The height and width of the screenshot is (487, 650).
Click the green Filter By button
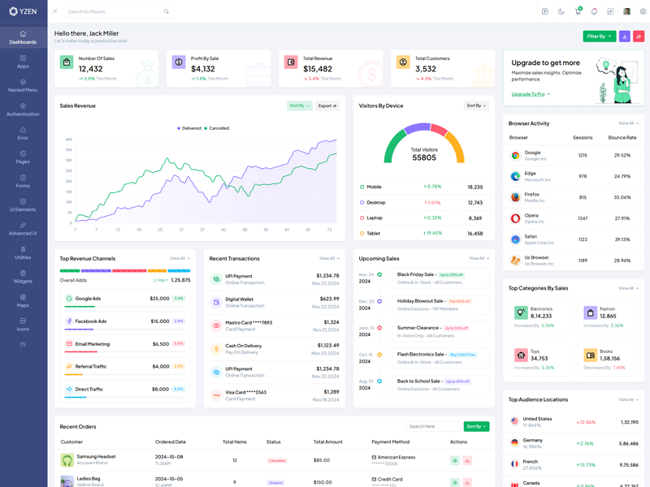[x=599, y=37]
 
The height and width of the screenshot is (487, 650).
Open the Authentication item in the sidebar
[x=23, y=109]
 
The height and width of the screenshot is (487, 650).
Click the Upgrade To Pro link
[x=530, y=94]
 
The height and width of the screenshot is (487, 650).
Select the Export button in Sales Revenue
[x=327, y=106]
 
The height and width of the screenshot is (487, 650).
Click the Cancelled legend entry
[x=217, y=128]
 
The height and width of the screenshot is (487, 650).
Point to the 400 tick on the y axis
[x=69, y=139]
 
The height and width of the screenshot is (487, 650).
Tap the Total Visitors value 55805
[x=424, y=157]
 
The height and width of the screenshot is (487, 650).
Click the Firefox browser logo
[x=515, y=197]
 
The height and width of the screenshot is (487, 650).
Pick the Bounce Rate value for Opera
[x=622, y=218]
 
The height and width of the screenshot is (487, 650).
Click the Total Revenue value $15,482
[x=318, y=69]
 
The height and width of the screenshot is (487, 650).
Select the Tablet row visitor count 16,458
[x=475, y=234]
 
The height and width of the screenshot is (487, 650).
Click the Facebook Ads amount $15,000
[x=159, y=321]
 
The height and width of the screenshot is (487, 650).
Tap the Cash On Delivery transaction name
[x=244, y=346]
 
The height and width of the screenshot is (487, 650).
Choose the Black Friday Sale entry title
[x=416, y=274]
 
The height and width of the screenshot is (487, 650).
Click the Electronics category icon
[x=520, y=312]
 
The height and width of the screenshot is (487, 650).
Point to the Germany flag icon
[x=514, y=443]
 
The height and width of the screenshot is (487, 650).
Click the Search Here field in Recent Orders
[x=432, y=426]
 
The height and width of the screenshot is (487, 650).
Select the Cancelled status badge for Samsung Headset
[x=277, y=460]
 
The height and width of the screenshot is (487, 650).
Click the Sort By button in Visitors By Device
[x=476, y=106]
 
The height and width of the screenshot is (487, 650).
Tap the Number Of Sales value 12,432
[x=96, y=69]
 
